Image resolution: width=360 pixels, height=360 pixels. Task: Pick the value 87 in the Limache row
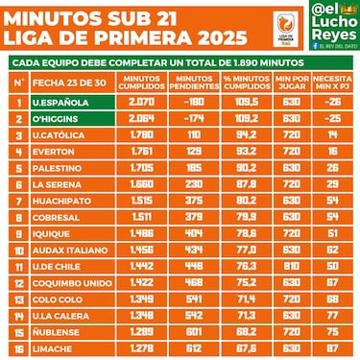click(x=333, y=347)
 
